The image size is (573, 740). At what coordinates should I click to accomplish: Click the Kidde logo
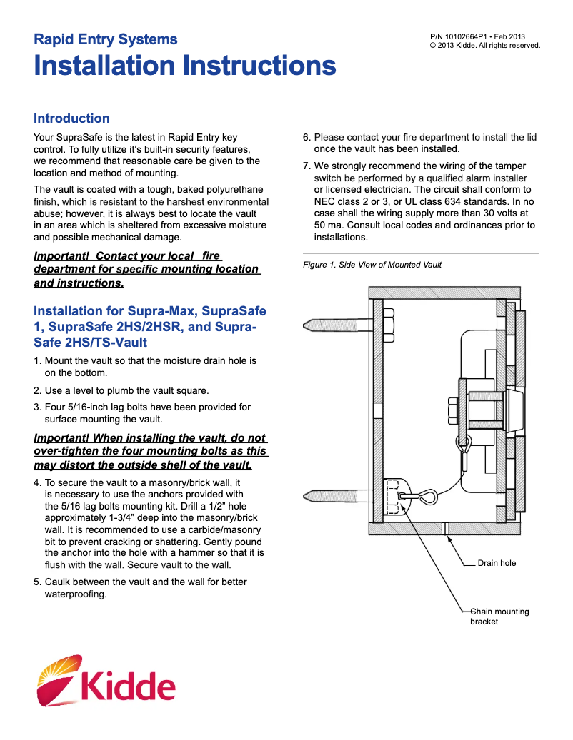[x=106, y=681]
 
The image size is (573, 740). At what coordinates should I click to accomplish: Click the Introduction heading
[x=71, y=118]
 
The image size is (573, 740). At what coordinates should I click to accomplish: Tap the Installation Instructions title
[x=184, y=66]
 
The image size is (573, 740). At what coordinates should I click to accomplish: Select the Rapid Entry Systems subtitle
[x=106, y=39]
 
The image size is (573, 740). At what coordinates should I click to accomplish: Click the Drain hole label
[x=497, y=563]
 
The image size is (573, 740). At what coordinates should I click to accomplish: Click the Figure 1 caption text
[x=372, y=265]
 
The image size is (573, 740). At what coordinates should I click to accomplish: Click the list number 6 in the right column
[x=307, y=137]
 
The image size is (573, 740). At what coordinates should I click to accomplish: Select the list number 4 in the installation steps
[x=37, y=483]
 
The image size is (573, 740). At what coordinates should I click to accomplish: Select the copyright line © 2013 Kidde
[x=484, y=45]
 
